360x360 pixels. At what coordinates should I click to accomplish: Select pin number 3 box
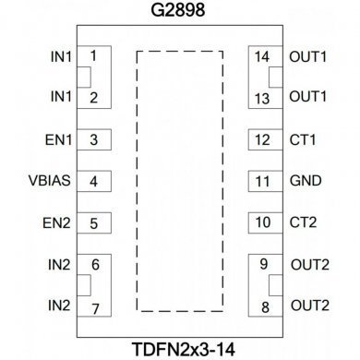click(x=94, y=140)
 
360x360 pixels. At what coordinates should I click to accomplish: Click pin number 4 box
click(x=94, y=180)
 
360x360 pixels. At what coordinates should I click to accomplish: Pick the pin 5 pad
click(x=94, y=222)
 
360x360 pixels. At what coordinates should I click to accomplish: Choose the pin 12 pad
click(x=263, y=140)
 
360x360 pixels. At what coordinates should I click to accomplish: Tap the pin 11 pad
click(x=263, y=181)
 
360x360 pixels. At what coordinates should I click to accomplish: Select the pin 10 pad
click(x=263, y=222)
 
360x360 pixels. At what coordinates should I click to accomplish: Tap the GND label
click(x=305, y=181)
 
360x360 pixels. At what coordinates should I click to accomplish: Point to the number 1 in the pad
click(x=94, y=55)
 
